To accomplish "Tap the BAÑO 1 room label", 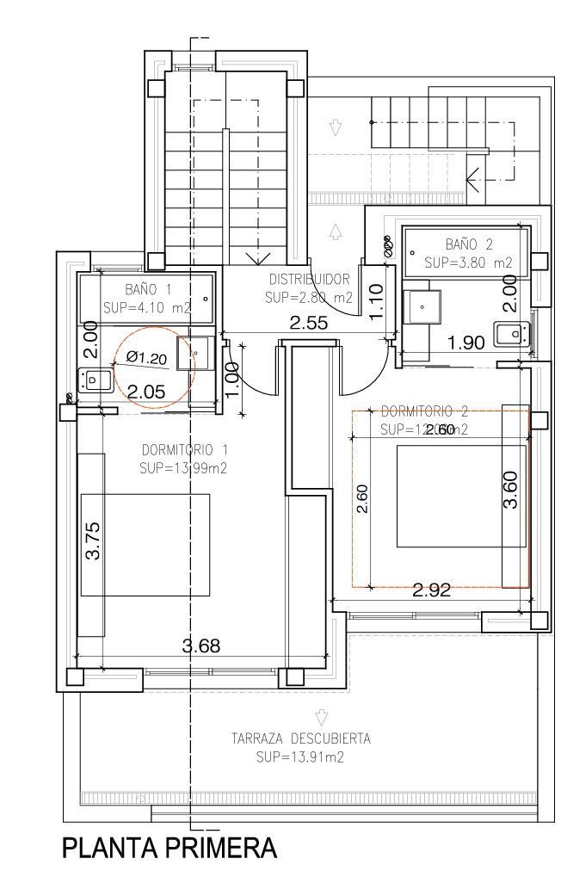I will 149,289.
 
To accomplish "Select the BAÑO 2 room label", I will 468,244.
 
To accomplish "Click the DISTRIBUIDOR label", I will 309,279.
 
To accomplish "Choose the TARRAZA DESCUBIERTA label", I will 300,738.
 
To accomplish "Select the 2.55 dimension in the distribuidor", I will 309,324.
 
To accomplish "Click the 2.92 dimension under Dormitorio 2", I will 433,590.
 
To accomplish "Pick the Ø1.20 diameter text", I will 146,356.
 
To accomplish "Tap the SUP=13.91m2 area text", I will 300,757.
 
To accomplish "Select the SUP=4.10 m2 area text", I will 146,306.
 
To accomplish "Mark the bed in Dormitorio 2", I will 460,496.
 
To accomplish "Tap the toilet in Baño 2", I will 510,331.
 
